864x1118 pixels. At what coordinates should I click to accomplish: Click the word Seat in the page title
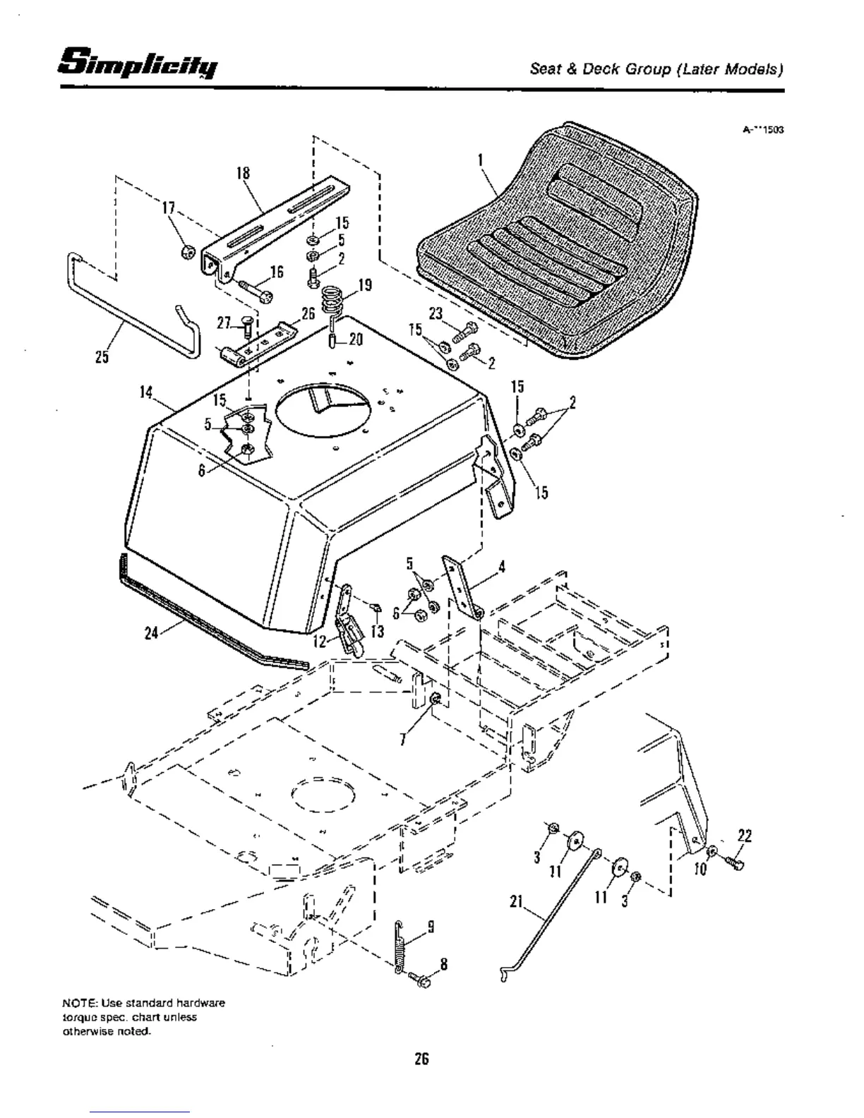544,70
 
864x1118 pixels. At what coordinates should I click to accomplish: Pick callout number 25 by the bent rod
102,357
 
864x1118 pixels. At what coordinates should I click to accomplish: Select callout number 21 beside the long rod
516,903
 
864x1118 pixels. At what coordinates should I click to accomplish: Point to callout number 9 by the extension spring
430,927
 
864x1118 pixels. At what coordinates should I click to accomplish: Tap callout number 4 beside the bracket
501,566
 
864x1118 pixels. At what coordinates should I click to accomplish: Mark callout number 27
224,323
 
